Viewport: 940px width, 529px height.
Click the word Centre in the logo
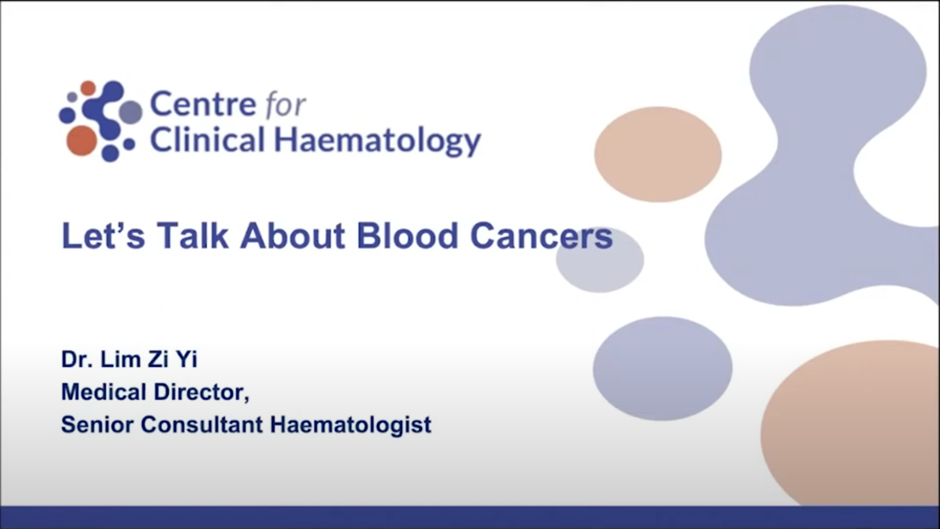tap(203, 104)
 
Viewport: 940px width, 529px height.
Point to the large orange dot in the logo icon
tap(82, 141)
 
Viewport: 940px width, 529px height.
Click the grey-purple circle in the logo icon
tap(131, 112)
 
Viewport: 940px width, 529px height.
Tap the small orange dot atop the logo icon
tap(88, 88)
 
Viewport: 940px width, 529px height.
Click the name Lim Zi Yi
tap(149, 359)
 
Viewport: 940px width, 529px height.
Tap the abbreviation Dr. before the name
tap(77, 359)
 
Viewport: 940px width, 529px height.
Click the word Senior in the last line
tap(97, 424)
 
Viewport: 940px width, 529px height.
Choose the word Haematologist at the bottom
tap(351, 425)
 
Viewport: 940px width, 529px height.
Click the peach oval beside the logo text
tap(658, 154)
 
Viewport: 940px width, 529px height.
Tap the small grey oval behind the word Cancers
tap(600, 259)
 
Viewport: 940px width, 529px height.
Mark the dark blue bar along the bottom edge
tap(470, 517)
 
